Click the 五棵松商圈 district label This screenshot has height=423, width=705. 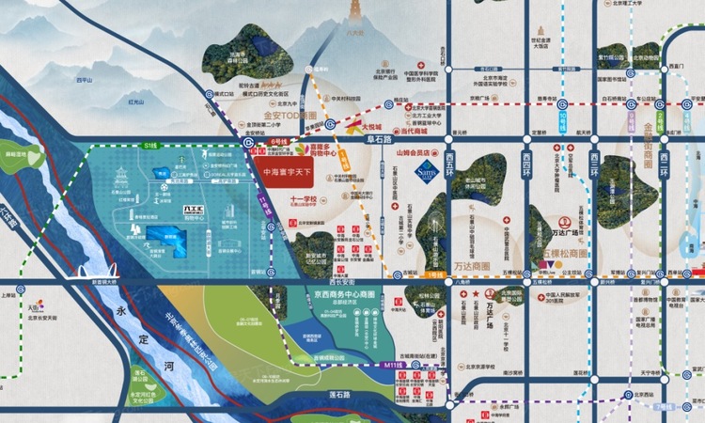(564, 254)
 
